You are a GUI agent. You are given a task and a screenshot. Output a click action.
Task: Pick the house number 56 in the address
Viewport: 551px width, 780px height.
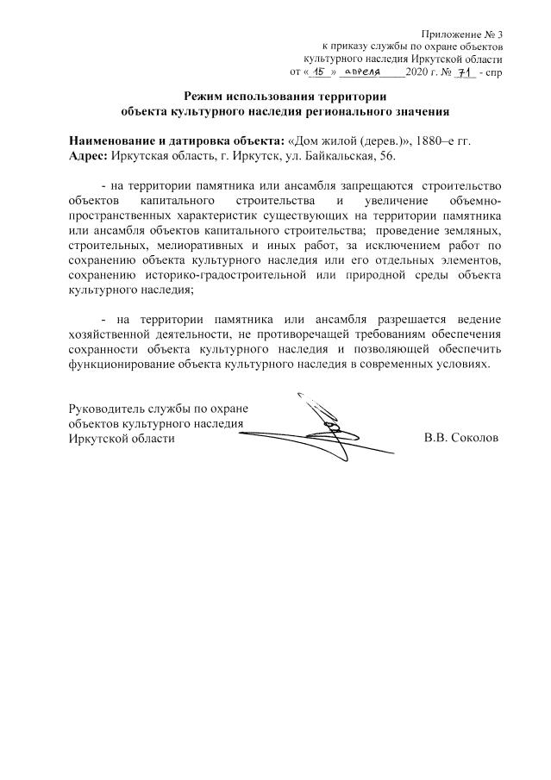pyautogui.click(x=385, y=155)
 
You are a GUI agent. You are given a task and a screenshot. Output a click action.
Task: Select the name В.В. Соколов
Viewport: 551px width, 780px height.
pyautogui.click(x=461, y=438)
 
